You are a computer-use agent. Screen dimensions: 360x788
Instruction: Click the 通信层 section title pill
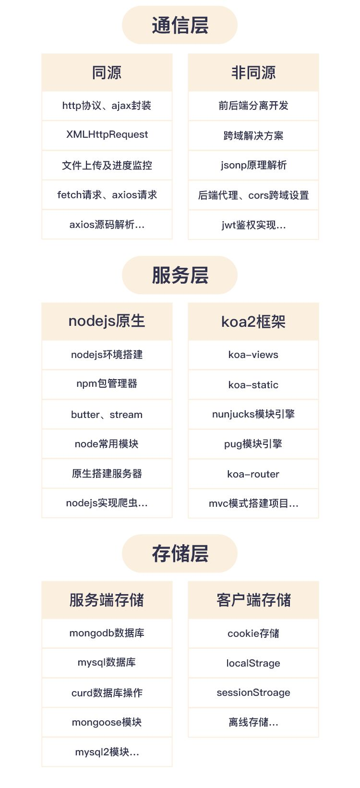click(x=180, y=25)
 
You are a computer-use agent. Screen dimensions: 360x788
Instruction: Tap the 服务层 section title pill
click(x=180, y=275)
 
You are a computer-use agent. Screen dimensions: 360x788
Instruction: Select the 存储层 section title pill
click(x=180, y=553)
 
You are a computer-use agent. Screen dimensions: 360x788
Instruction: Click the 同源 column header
click(x=107, y=72)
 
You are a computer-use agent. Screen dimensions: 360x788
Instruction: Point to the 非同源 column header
click(x=253, y=72)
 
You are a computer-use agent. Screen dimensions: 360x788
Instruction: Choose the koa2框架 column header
click(x=253, y=322)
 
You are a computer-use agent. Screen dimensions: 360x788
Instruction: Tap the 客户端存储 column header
click(x=253, y=600)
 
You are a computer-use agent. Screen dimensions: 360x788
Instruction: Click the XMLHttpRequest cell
click(x=107, y=135)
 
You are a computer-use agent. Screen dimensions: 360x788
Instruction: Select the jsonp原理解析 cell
click(x=253, y=165)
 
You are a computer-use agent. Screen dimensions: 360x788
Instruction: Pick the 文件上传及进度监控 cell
click(x=107, y=165)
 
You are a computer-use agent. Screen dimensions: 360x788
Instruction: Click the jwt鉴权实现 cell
click(x=253, y=225)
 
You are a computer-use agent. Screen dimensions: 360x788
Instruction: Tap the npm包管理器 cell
click(x=107, y=384)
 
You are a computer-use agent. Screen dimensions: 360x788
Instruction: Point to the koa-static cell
click(x=253, y=385)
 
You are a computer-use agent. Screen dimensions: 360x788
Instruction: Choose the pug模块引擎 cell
click(x=253, y=444)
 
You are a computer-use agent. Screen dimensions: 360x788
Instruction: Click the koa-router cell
click(x=253, y=474)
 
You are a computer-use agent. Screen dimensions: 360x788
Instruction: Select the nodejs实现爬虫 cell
click(x=107, y=503)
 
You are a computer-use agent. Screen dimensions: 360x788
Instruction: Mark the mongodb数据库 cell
click(x=107, y=633)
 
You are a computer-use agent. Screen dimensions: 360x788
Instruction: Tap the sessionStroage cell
click(x=253, y=692)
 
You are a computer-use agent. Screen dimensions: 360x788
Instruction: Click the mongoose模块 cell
click(x=107, y=722)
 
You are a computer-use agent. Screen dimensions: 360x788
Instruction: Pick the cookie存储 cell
click(x=253, y=633)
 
